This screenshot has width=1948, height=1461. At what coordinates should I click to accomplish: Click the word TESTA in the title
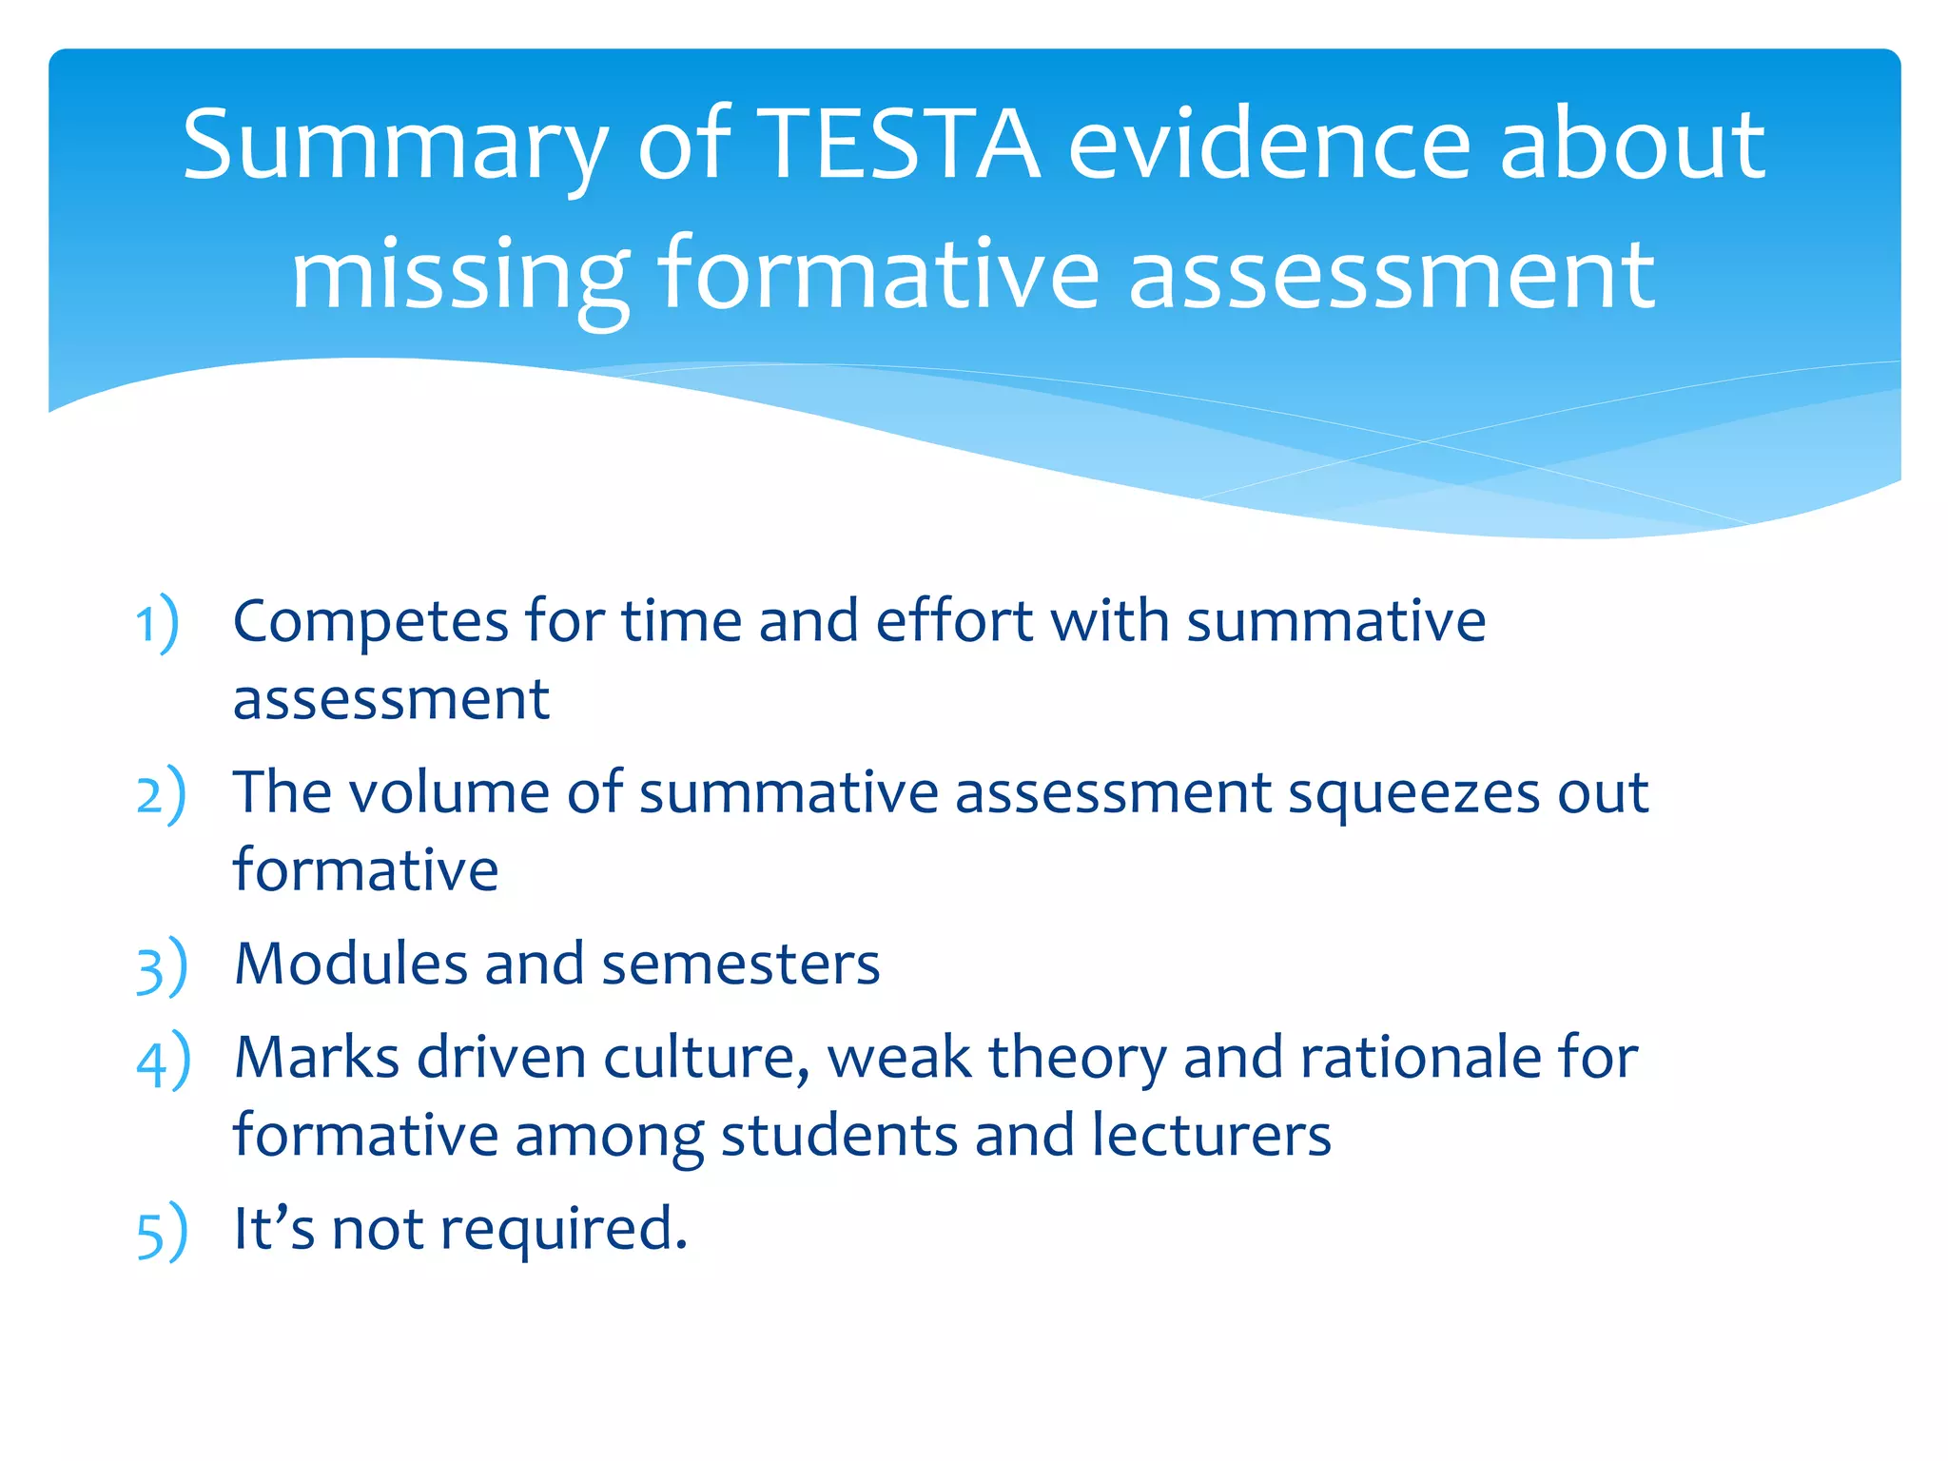point(901,145)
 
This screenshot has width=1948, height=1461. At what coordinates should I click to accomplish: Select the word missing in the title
point(459,276)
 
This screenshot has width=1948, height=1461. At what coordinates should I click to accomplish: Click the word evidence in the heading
point(1271,145)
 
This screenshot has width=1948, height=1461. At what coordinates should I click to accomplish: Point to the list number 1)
point(157,624)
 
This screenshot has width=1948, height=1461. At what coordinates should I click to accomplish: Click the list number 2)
point(160,795)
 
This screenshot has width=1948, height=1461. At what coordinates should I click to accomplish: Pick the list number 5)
point(161,1232)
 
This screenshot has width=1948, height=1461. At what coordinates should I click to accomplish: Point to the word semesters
point(740,965)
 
